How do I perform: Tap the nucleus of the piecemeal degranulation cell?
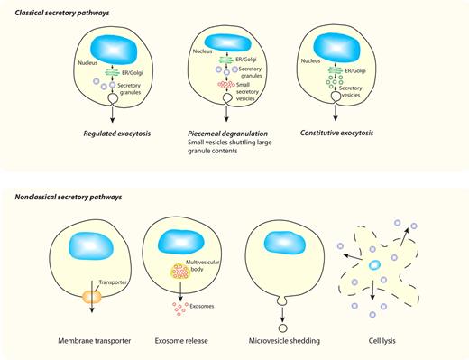click(228, 41)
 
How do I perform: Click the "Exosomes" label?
click(203, 305)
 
